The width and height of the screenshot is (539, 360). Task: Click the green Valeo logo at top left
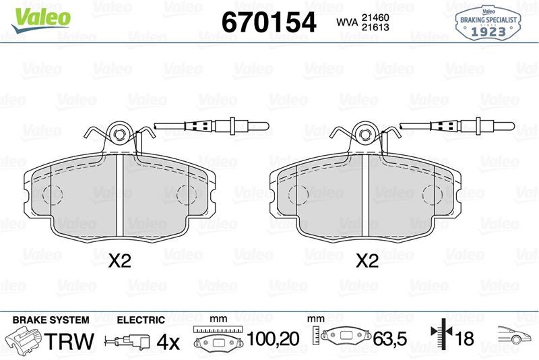(x=41, y=20)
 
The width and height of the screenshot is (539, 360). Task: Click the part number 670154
(x=269, y=22)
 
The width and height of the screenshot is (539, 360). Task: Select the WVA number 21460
(x=375, y=18)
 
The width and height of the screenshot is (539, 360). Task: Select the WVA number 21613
(x=375, y=27)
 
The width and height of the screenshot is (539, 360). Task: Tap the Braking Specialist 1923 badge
(x=488, y=24)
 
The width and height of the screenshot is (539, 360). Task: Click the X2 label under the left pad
(x=120, y=261)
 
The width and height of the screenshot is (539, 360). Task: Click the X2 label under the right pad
(x=367, y=261)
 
